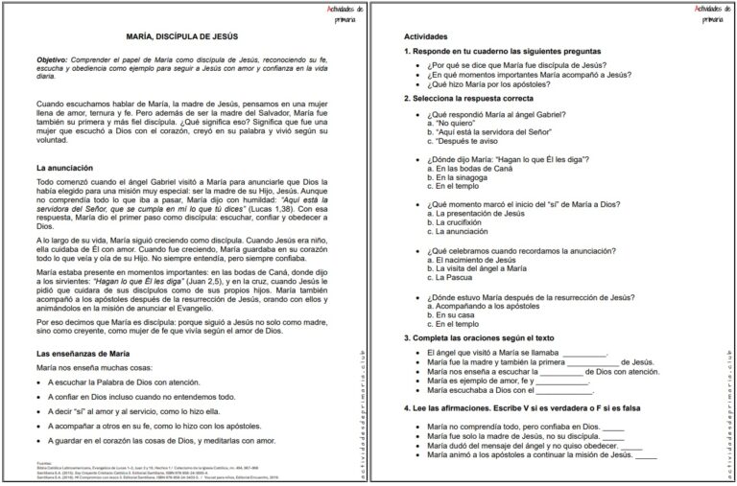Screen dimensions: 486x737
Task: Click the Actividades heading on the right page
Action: point(426,36)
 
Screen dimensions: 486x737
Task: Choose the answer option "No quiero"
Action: point(450,124)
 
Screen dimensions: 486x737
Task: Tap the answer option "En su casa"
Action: point(457,314)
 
